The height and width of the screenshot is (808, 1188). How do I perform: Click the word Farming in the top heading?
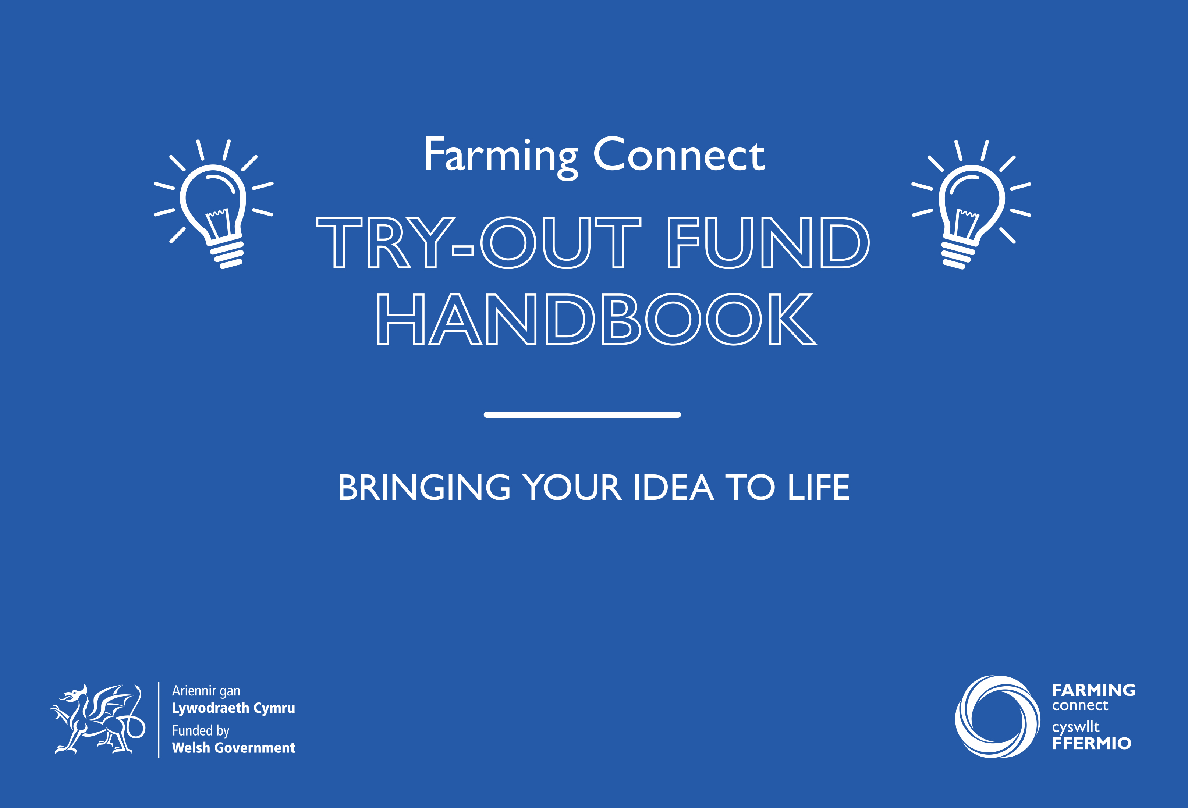[500, 156]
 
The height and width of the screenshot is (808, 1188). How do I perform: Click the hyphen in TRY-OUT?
[462, 250]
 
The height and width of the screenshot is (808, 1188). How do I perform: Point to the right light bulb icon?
[971, 204]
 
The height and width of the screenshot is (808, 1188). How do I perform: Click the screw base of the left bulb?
[227, 254]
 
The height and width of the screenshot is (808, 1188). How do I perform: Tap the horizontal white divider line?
[582, 414]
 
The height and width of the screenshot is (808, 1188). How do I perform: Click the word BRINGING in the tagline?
[424, 488]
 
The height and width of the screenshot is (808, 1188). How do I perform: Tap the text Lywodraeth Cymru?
[234, 708]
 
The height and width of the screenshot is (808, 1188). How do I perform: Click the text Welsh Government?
[234, 748]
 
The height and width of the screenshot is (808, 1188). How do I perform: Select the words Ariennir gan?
[206, 691]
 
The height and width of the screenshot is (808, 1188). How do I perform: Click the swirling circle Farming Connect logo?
[997, 716]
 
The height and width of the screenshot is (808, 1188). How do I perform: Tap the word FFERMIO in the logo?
[1091, 744]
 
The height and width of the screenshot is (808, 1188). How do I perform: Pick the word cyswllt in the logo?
[1075, 727]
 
